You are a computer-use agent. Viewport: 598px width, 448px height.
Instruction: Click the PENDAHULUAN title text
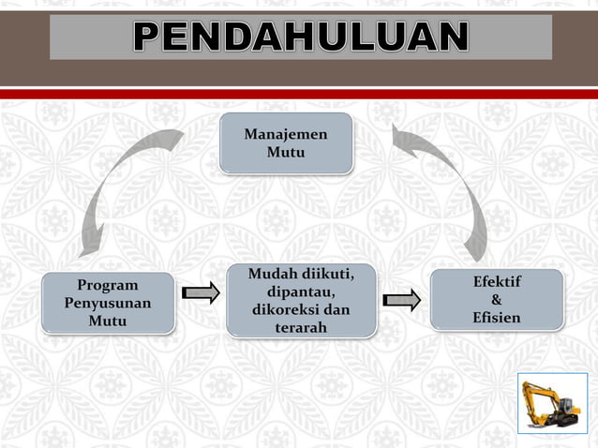[x=300, y=37]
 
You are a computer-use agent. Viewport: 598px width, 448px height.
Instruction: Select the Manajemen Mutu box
[x=286, y=143]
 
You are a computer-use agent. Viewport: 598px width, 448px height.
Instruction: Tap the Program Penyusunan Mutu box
[x=108, y=303]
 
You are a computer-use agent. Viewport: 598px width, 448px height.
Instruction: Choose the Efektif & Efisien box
[x=497, y=300]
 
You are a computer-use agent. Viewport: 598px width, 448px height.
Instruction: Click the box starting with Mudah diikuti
[x=301, y=300]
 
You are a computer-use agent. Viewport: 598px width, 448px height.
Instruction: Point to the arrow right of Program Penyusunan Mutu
[x=200, y=293]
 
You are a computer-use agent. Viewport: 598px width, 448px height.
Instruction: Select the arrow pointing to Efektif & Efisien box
[x=402, y=300]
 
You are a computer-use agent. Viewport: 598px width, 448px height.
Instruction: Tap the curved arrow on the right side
[x=450, y=187]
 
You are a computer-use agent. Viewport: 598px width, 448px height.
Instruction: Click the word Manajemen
[x=286, y=134]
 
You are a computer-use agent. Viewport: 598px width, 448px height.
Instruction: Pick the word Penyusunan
[x=108, y=303]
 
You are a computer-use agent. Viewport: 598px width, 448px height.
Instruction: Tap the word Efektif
[x=497, y=282]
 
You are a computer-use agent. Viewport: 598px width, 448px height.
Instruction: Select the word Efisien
[x=497, y=319]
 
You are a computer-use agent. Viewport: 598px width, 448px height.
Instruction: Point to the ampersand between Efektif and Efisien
[x=497, y=300]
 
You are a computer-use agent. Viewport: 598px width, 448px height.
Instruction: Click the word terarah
[x=301, y=327]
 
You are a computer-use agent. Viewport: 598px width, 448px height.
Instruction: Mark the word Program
[x=108, y=285]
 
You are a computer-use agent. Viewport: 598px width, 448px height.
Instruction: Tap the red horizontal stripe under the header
[x=299, y=94]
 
